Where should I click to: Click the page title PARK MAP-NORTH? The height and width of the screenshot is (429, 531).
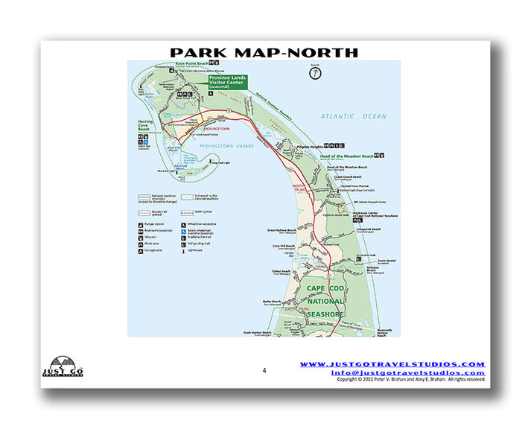[x=264, y=52]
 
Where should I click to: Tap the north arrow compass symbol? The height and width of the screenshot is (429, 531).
[x=315, y=73]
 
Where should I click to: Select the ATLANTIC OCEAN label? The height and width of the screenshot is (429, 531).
[x=354, y=116]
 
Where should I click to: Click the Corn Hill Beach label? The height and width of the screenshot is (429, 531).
[x=284, y=246]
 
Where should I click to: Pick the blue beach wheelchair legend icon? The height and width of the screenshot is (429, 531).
[x=181, y=232]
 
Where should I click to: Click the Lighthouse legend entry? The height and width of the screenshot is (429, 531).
[x=200, y=250]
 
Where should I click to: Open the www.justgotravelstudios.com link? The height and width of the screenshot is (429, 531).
[x=392, y=364]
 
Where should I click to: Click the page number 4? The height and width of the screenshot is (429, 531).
[x=264, y=369]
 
